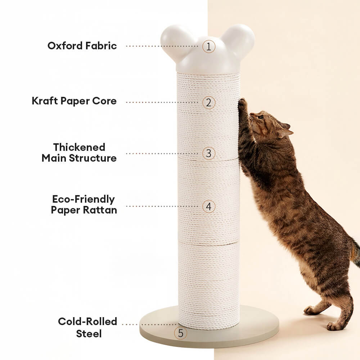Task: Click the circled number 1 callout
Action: coord(209,46)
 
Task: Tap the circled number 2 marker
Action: coord(209,102)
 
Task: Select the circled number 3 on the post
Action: coord(209,153)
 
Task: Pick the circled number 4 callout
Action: coord(209,206)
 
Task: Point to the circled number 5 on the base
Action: coord(180,333)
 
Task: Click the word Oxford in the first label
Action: coord(65,46)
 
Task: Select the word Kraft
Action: coord(45,101)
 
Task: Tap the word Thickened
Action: coord(79,147)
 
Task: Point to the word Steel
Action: coord(89,334)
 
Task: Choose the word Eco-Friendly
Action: coord(84,199)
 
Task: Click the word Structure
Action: coord(93,158)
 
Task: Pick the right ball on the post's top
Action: coord(239,40)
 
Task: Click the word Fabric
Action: coord(101,46)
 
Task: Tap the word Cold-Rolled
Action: coord(87,321)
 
